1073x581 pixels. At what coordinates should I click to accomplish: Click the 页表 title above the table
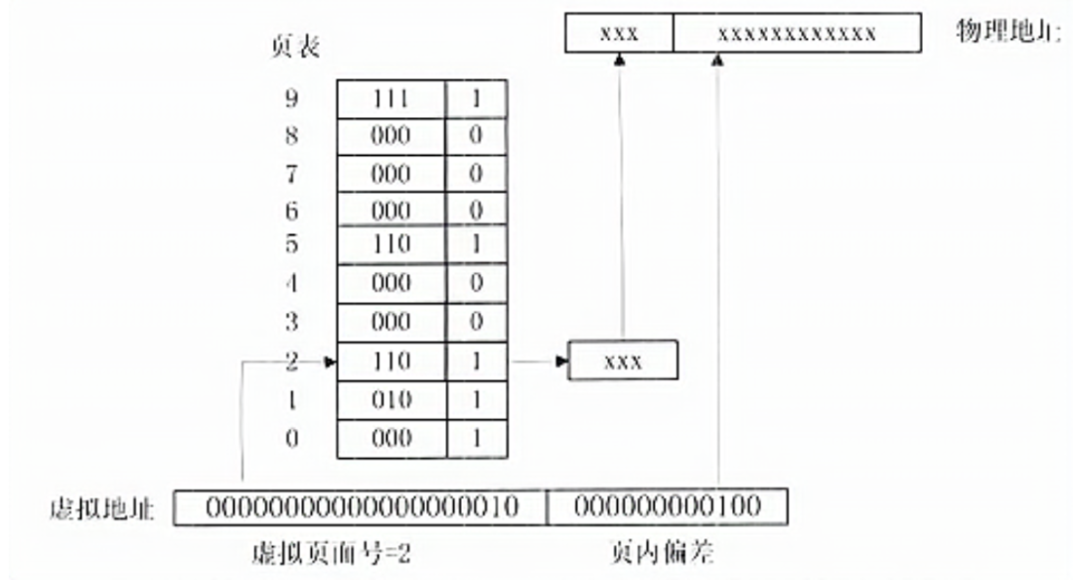pos(296,48)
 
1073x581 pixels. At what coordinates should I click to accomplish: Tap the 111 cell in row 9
pos(390,99)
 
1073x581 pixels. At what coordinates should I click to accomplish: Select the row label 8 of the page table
pos(292,137)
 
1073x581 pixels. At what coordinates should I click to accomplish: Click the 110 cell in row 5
pos(390,245)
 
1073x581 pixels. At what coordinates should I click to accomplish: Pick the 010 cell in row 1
pos(390,401)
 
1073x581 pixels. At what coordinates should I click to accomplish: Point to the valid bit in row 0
pos(476,439)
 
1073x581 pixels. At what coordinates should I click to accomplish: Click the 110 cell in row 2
pos(390,363)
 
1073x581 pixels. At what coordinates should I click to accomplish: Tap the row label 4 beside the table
pos(292,284)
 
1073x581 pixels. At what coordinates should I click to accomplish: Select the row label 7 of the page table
pos(292,175)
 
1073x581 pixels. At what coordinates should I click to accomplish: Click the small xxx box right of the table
pos(623,362)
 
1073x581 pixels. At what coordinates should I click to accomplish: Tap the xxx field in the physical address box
pos(619,33)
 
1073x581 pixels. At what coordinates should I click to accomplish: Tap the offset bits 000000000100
pos(667,507)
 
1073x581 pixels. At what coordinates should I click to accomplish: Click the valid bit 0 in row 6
pos(476,211)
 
